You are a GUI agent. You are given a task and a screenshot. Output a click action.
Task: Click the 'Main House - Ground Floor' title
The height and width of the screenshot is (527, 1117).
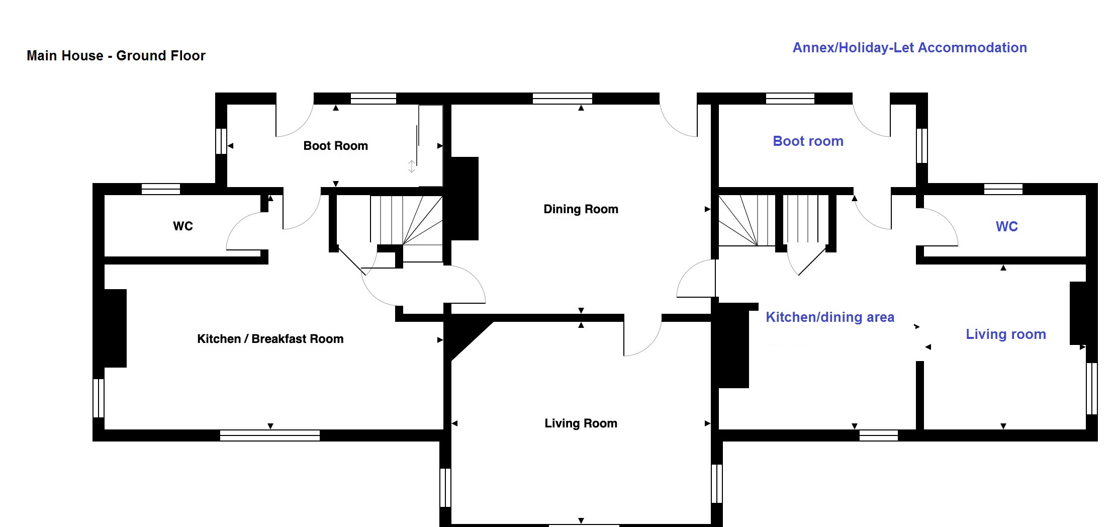point(116,55)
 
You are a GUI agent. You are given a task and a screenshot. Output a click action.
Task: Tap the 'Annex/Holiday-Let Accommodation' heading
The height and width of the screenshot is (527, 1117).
point(909,48)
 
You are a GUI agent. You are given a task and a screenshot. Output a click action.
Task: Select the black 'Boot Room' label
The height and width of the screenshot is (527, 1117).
point(335,146)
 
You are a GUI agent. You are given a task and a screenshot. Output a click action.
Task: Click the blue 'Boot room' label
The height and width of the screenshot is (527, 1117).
point(808,141)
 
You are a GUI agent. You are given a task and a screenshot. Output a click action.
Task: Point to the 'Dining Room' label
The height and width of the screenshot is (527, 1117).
point(581,209)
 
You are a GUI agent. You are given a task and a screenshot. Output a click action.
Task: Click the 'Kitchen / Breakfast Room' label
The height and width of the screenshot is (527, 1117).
point(270,339)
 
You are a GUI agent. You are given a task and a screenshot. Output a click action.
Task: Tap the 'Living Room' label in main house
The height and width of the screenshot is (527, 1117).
point(581,423)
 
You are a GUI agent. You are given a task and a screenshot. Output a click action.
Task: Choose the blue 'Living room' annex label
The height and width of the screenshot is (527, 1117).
point(1005,334)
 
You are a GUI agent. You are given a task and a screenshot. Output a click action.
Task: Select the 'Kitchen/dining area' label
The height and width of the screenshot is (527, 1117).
point(829,317)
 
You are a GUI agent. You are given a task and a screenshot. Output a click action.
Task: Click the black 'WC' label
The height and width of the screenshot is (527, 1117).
point(183,226)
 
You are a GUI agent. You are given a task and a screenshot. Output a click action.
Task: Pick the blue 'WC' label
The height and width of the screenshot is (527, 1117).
point(1006,227)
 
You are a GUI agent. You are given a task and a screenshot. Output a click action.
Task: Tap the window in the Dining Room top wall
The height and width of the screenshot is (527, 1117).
point(562,98)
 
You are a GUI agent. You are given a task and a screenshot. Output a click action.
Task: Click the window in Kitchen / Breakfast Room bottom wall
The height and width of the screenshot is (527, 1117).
point(270,435)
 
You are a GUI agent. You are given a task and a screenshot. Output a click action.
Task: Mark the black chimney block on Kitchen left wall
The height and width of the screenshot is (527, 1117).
point(115,328)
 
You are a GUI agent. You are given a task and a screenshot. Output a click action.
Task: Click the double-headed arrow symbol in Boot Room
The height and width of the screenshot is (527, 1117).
point(412,166)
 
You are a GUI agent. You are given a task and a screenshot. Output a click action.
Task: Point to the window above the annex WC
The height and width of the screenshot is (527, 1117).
point(1003,189)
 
